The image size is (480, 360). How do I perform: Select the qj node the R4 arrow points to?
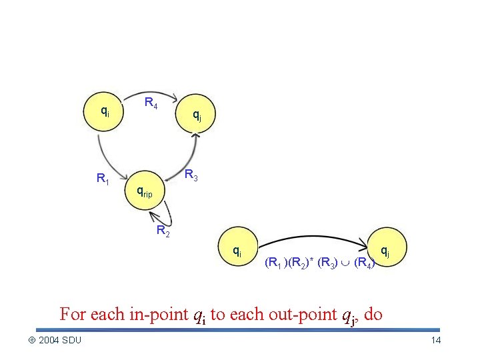point(196,115)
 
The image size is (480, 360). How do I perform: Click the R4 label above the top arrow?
point(151,103)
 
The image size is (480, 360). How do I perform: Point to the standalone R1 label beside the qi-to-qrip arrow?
point(103,178)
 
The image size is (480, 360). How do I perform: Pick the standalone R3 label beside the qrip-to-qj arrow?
point(191,175)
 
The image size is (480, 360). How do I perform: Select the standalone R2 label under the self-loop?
point(163,231)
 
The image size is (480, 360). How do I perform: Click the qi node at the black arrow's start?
point(237,251)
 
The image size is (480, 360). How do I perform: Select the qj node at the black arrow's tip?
point(385,251)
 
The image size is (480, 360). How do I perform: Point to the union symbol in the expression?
point(348,263)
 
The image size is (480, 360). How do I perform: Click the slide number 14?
point(437,341)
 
